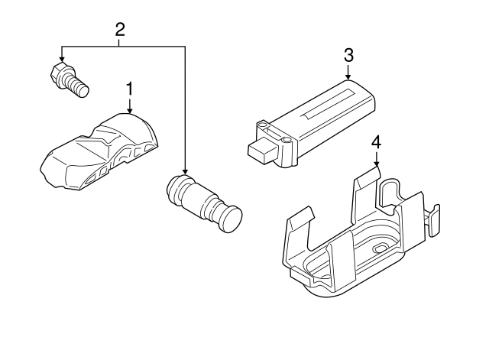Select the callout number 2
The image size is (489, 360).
tap(120, 30)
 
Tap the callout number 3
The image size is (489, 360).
tap(348, 55)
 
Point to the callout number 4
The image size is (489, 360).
tap(375, 142)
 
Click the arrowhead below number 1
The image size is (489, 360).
tap(129, 111)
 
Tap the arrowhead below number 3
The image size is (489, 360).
tap(348, 77)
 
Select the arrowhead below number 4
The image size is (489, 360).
tap(375, 164)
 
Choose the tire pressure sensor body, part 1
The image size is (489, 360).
tap(99, 149)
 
